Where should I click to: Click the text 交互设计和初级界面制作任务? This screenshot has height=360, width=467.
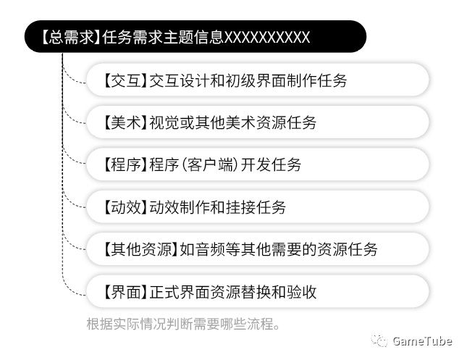tap(248, 80)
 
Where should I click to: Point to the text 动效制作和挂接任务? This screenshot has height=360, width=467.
tap(217, 208)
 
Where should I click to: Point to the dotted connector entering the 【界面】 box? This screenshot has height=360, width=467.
tap(75, 293)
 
